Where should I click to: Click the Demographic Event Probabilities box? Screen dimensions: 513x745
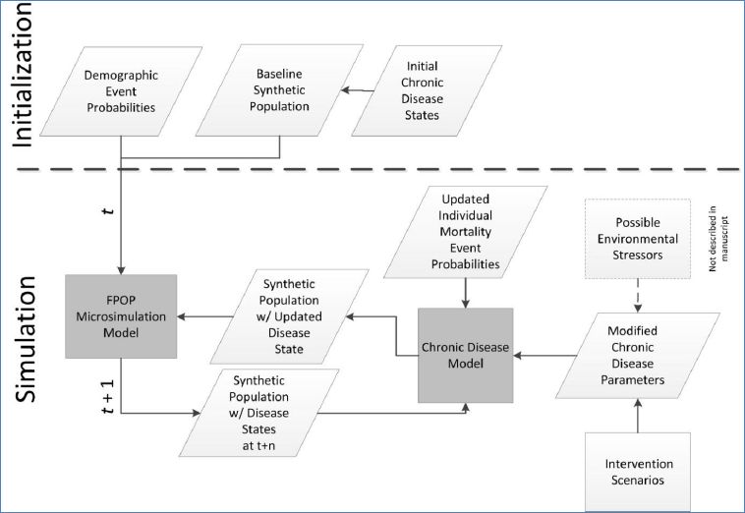click(x=120, y=90)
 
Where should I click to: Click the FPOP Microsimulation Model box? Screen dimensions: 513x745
click(x=120, y=316)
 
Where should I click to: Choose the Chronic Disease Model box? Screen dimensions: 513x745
click(x=467, y=354)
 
